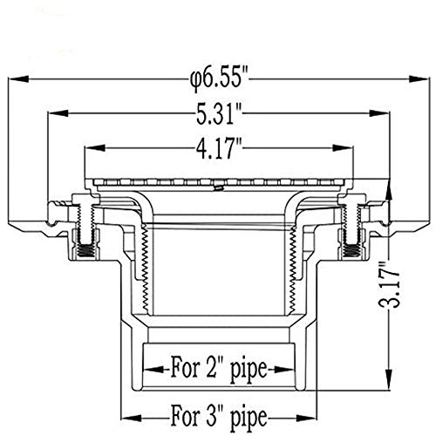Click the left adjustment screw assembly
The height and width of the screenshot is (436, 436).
coord(85,231)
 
